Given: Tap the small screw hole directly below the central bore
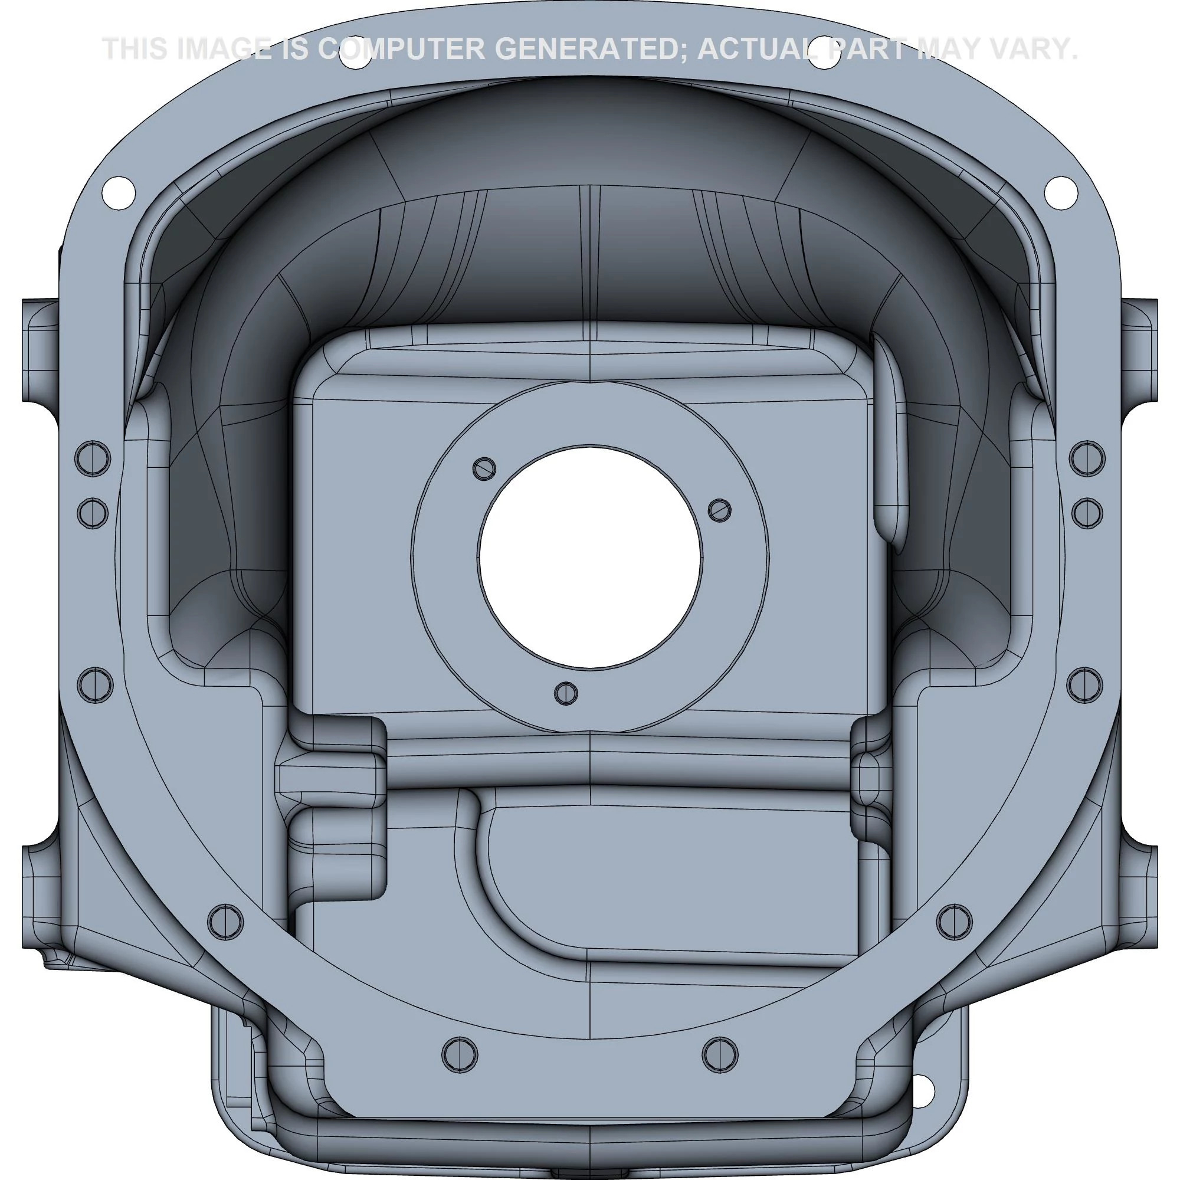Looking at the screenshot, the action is [x=566, y=693].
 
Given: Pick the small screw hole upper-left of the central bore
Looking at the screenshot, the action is [x=484, y=468].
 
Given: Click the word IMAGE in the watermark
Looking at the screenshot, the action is [x=219, y=49].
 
